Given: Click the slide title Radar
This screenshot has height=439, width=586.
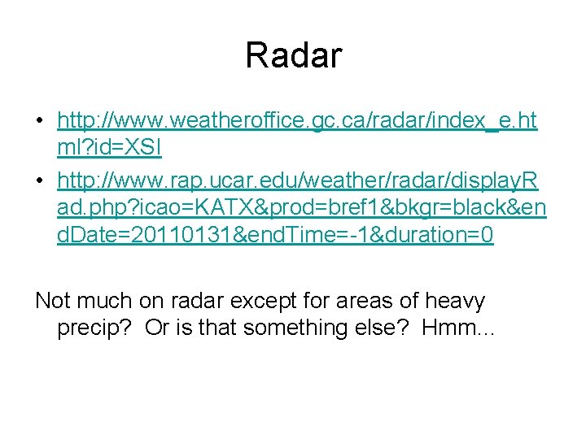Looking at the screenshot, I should [x=293, y=55].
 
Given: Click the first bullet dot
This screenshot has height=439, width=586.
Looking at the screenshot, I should [x=39, y=122].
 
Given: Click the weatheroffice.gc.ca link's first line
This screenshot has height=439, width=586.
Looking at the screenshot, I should [x=297, y=121].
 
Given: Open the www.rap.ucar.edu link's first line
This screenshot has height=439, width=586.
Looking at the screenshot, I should [x=301, y=180].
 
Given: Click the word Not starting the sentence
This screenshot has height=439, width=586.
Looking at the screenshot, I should [x=53, y=300].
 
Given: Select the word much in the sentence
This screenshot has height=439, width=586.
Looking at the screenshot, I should [x=111, y=300].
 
